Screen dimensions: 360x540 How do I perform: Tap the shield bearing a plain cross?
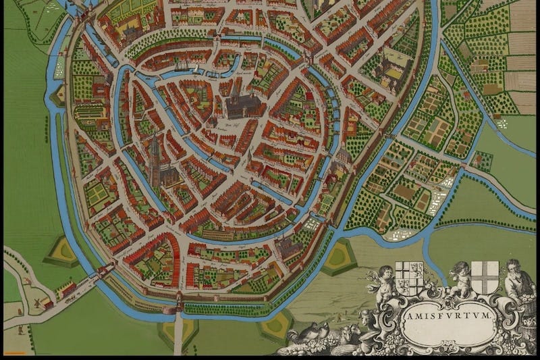coord(485,277)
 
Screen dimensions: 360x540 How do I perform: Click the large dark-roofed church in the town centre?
coord(242,105)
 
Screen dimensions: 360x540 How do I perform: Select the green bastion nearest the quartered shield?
coord(337,257)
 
